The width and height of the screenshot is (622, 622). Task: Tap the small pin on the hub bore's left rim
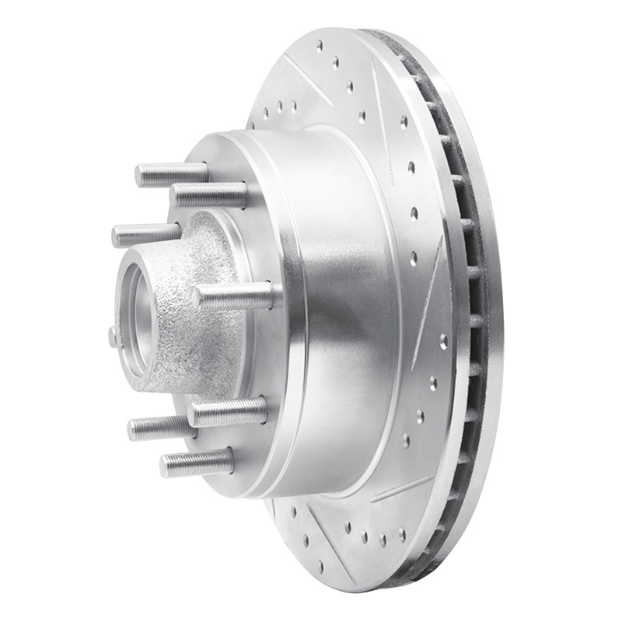(x=114, y=336)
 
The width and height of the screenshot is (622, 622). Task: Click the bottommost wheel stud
(x=197, y=463)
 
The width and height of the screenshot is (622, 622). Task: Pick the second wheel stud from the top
(x=208, y=194)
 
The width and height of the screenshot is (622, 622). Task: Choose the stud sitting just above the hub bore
(x=145, y=234)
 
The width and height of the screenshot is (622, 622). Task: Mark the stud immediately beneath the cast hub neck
(x=227, y=411)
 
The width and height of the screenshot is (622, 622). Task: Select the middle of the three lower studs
(x=159, y=426)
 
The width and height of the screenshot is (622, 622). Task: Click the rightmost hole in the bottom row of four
(x=402, y=534)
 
